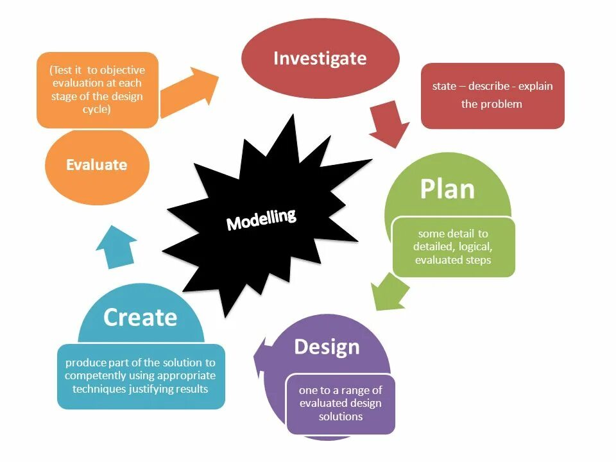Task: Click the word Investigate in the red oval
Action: (320, 58)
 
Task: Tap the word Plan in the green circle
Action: (447, 189)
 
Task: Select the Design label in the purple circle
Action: (327, 347)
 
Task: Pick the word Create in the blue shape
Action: (140, 317)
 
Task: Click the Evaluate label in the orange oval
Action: (96, 165)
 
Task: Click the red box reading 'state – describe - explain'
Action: (492, 95)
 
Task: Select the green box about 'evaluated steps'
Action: (453, 247)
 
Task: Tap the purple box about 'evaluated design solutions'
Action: (340, 403)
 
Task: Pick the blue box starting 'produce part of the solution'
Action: (141, 376)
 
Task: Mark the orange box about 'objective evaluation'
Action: (97, 90)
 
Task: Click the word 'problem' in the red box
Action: (504, 104)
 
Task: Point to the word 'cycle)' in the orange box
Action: (97, 110)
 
